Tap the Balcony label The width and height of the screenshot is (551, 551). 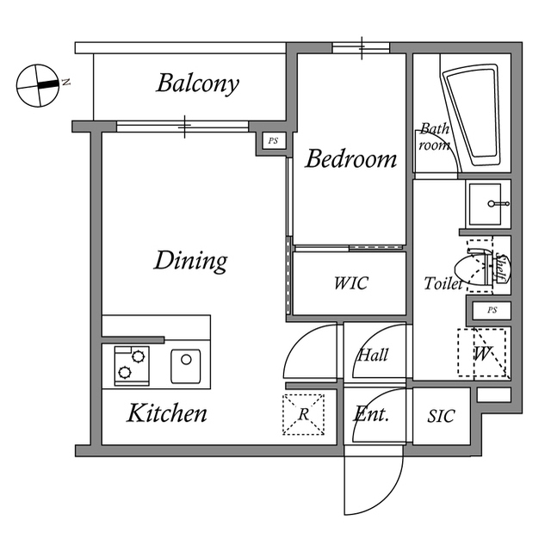(x=197, y=84)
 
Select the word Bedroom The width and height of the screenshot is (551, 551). (x=351, y=159)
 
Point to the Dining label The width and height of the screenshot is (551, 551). (x=190, y=260)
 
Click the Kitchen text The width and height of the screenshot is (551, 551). (x=167, y=413)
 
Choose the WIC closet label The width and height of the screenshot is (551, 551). (x=350, y=283)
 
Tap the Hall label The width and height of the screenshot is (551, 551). (x=373, y=355)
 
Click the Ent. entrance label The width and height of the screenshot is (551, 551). (x=372, y=414)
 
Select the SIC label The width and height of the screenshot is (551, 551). (x=441, y=416)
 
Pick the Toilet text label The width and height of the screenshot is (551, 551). (x=443, y=283)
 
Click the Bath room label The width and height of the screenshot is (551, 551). (x=435, y=137)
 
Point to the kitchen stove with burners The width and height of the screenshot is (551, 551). (x=129, y=364)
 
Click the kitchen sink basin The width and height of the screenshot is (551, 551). (x=187, y=364)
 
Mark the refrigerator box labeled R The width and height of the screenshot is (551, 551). (x=303, y=414)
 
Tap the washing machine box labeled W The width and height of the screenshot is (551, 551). (x=482, y=353)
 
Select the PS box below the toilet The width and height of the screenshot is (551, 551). (x=491, y=310)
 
